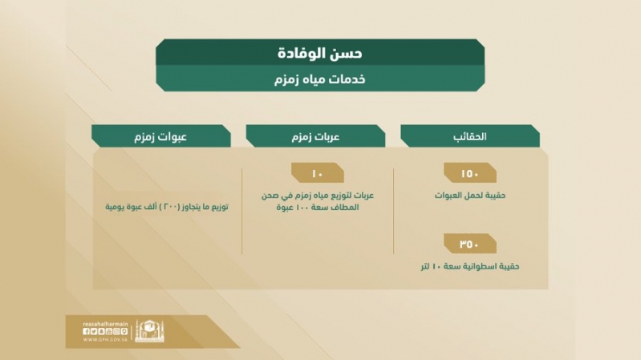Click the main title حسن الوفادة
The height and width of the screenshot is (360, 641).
pyautogui.click(x=319, y=53)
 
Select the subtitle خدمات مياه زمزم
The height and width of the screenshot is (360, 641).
pyautogui.click(x=319, y=79)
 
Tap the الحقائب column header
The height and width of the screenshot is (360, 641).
pyautogui.click(x=469, y=136)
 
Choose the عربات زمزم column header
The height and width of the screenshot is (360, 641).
pyautogui.click(x=315, y=136)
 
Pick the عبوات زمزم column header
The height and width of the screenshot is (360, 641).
pyautogui.click(x=160, y=136)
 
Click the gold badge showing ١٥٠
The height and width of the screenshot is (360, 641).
pyautogui.click(x=470, y=173)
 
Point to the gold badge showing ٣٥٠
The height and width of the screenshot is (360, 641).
pyautogui.click(x=470, y=244)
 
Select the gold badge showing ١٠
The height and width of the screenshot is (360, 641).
pyautogui.click(x=318, y=173)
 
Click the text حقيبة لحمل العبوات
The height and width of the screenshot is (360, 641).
pyautogui.click(x=470, y=196)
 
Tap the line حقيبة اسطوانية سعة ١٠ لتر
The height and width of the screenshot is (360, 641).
pyautogui.click(x=470, y=266)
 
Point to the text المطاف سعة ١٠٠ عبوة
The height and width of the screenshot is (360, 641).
pyautogui.click(x=318, y=207)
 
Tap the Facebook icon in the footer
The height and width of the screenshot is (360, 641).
pyautogui.click(x=86, y=331)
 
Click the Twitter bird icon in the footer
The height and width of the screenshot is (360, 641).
pyautogui.click(x=94, y=331)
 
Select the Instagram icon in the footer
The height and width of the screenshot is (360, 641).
pyautogui.click(x=116, y=331)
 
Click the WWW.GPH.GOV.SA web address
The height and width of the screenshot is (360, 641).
pyautogui.click(x=105, y=340)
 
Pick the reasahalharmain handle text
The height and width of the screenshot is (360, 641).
pyautogui.click(x=105, y=324)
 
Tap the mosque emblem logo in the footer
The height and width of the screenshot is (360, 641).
pyautogui.click(x=150, y=330)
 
